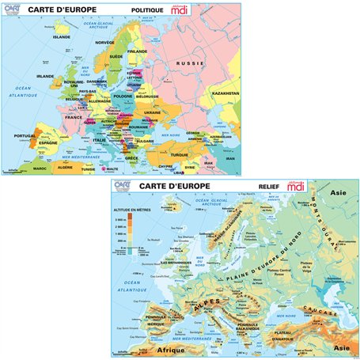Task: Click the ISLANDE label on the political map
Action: (x=62, y=36)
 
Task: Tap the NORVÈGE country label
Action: (x=104, y=42)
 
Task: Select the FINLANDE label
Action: (x=138, y=51)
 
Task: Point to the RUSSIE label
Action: (x=190, y=63)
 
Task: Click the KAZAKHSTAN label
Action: (x=225, y=93)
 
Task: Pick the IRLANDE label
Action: (x=45, y=77)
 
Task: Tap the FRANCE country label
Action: (x=74, y=116)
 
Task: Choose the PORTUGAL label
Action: (x=25, y=136)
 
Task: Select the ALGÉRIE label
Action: (x=65, y=167)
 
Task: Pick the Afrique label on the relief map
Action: (x=174, y=349)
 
